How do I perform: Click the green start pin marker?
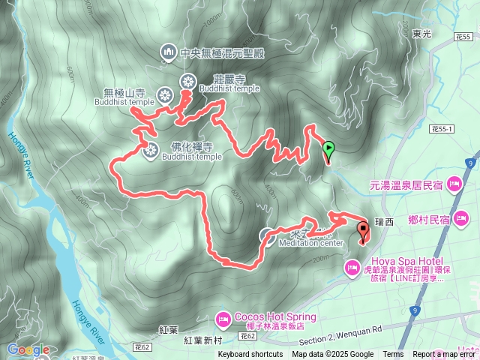tap(328, 150)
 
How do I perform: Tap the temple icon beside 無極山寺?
tap(164, 95)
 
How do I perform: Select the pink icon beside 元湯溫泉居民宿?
tap(453, 183)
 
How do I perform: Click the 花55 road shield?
tap(463, 36)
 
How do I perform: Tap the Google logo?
tap(28, 349)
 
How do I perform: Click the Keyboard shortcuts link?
tap(250, 355)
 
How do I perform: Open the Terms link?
tap(393, 355)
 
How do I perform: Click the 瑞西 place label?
tap(385, 222)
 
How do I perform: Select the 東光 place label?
tap(421, 34)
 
